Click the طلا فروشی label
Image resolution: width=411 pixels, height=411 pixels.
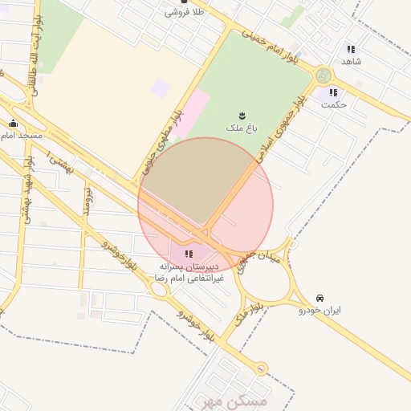coord(185,13)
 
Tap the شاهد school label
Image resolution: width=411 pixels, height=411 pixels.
coord(352,61)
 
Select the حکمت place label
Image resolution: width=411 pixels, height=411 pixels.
coord(332,104)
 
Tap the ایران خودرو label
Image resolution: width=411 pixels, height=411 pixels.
coord(320,309)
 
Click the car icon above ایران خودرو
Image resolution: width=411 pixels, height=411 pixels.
coord(320,298)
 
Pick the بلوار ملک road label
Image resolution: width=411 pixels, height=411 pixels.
coord(246,310)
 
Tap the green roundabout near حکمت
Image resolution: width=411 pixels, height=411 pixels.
coord(324,76)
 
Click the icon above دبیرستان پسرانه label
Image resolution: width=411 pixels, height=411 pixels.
coord(189,254)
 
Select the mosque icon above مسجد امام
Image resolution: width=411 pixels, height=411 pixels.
coord(13,124)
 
